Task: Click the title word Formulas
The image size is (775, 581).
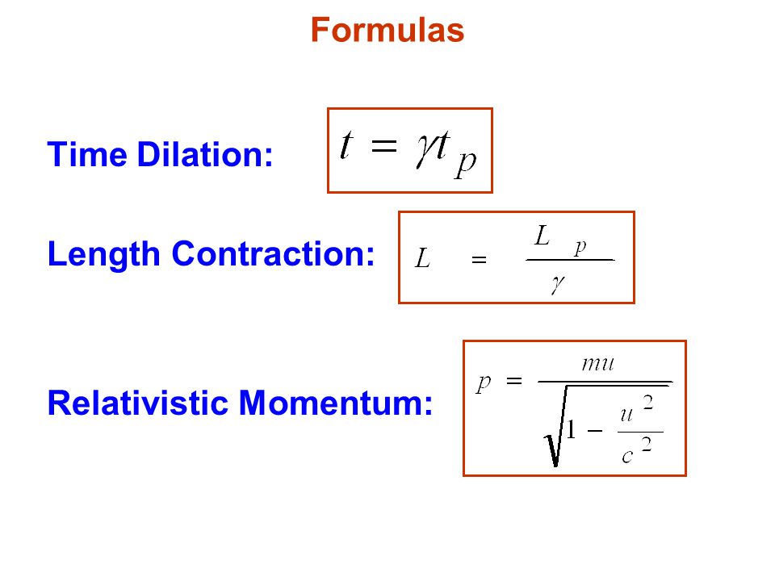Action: (x=387, y=30)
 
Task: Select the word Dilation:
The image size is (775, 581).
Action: (x=204, y=155)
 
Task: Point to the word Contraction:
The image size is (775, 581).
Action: (x=273, y=254)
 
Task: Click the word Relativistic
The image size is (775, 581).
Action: (x=137, y=403)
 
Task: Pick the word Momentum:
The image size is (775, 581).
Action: (x=336, y=403)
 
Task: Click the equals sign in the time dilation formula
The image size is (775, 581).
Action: (x=383, y=146)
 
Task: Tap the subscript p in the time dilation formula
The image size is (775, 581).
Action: (x=466, y=164)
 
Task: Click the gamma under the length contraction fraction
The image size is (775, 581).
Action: (x=558, y=285)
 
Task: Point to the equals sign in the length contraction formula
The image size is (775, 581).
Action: (x=479, y=260)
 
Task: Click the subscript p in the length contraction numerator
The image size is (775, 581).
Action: (x=580, y=248)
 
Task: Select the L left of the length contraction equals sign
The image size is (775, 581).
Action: (x=422, y=258)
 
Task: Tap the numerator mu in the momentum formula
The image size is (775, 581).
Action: (x=598, y=365)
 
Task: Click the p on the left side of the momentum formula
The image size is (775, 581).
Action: (x=484, y=382)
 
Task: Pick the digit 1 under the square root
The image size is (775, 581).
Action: (x=572, y=430)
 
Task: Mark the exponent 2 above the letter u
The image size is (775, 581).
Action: (x=648, y=403)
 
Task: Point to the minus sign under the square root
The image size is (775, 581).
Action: (x=595, y=431)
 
